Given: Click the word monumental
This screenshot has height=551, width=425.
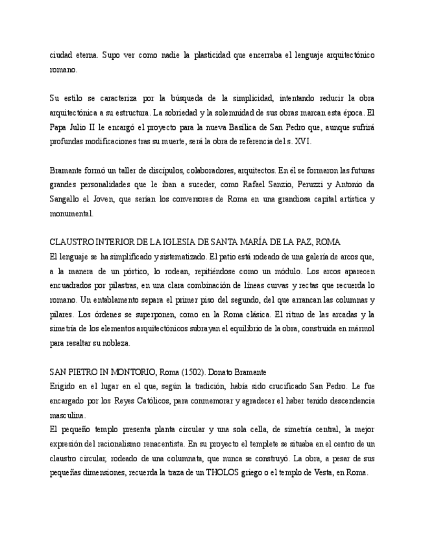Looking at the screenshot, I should (x=71, y=213).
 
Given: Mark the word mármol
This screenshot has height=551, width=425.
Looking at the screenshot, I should (x=361, y=328).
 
